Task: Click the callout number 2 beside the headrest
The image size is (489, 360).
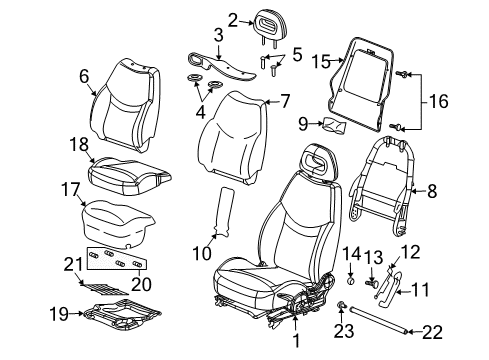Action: pos(233,20)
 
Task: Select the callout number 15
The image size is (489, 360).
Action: pos(321,62)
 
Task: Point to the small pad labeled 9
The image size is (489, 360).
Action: pos(335,126)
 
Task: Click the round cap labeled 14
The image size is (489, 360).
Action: pos(350,281)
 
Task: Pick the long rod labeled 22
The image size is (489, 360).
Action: pos(378,320)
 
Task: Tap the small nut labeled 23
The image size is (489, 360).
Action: pos(340,304)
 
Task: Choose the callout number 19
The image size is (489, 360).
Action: pos(59,314)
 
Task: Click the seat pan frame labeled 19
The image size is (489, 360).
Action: pos(122,314)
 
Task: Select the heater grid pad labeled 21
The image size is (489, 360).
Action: pos(104,289)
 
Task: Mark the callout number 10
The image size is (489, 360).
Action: pos(202,253)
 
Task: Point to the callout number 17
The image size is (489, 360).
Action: pos(71,190)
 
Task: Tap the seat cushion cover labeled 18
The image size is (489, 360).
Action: pos(130,176)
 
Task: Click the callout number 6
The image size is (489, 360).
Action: pos(84,76)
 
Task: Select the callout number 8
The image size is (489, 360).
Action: pos(432,191)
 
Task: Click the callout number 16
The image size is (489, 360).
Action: pos(438,101)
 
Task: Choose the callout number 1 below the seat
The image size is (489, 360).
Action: pos(296,340)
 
